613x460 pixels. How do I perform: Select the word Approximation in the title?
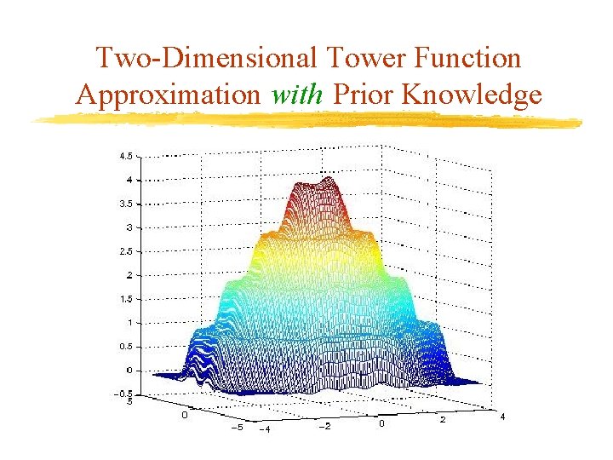coord(169,94)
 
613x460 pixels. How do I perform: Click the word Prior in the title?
coord(364,94)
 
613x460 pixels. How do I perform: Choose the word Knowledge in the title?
coord(472,94)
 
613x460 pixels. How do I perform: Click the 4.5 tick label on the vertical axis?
coord(125,156)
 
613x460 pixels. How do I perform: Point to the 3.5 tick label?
coord(125,204)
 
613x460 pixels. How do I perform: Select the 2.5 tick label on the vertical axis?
coord(125,251)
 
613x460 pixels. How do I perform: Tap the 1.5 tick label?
coord(125,299)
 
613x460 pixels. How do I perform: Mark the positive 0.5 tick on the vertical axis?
coord(125,346)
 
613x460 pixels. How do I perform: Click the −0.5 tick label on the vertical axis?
coord(123,394)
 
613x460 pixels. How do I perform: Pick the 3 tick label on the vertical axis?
coord(129,227)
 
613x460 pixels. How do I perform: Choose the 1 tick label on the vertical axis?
coord(129,322)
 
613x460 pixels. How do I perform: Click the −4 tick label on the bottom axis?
coord(264,428)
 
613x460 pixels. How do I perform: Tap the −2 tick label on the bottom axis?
coord(324,426)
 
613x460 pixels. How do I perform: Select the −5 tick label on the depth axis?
coord(237,427)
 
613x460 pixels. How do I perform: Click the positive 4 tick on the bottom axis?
coord(502,417)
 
